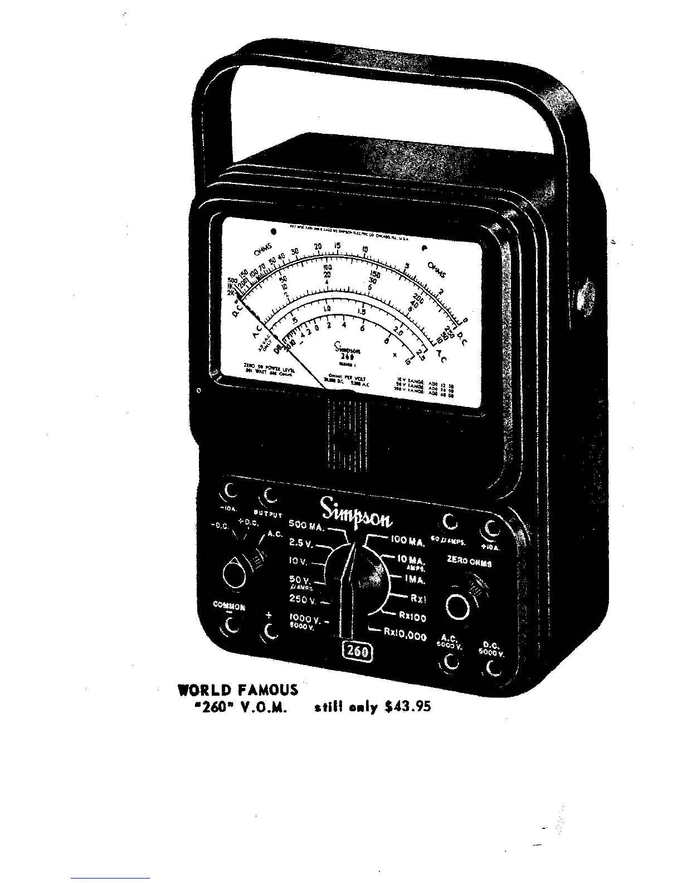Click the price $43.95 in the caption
coord(408,707)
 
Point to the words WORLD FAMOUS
coord(238,690)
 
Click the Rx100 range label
coord(412,617)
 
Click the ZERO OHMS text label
coord(469,563)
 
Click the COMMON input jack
coord(228,628)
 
